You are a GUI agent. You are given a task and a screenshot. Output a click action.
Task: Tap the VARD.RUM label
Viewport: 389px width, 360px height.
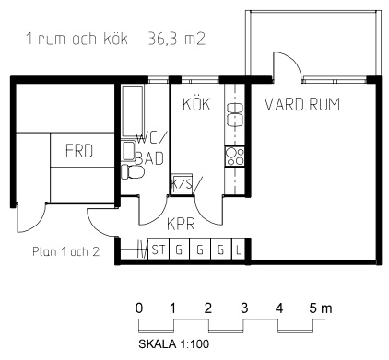coord(302,104)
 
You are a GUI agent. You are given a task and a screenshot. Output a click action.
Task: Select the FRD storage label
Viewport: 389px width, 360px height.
coord(79,151)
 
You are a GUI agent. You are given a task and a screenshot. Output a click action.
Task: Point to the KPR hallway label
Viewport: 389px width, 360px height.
coord(181,224)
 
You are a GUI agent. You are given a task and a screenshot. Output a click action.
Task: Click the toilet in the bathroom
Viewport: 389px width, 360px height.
coord(133,172)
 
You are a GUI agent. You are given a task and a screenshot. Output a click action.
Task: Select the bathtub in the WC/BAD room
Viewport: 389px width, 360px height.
coord(133,110)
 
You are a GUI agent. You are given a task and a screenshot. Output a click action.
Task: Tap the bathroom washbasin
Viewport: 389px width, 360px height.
coord(128,151)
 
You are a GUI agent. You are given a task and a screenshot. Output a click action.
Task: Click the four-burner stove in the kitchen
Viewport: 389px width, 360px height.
coord(235,157)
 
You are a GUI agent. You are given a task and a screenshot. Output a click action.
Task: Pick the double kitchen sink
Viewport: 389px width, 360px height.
coord(235,115)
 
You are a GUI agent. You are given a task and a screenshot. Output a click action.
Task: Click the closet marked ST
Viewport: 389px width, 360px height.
coord(159,250)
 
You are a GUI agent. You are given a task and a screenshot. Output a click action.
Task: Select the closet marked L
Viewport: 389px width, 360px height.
coord(238,250)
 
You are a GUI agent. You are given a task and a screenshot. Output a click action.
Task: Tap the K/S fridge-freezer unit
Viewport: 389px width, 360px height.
coord(183,183)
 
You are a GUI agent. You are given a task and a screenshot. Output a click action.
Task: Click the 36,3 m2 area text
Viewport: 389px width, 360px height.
coord(177,40)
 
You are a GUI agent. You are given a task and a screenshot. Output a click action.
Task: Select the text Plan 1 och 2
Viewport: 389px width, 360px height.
coord(66,251)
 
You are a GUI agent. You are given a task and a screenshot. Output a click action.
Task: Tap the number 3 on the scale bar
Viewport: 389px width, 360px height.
coord(244,308)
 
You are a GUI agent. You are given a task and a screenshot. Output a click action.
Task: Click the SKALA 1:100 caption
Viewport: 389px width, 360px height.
coord(174,343)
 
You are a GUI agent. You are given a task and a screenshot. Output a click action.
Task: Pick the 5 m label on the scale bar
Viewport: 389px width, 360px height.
coord(321,308)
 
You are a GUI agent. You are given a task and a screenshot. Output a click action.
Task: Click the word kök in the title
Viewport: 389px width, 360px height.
coord(115,39)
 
